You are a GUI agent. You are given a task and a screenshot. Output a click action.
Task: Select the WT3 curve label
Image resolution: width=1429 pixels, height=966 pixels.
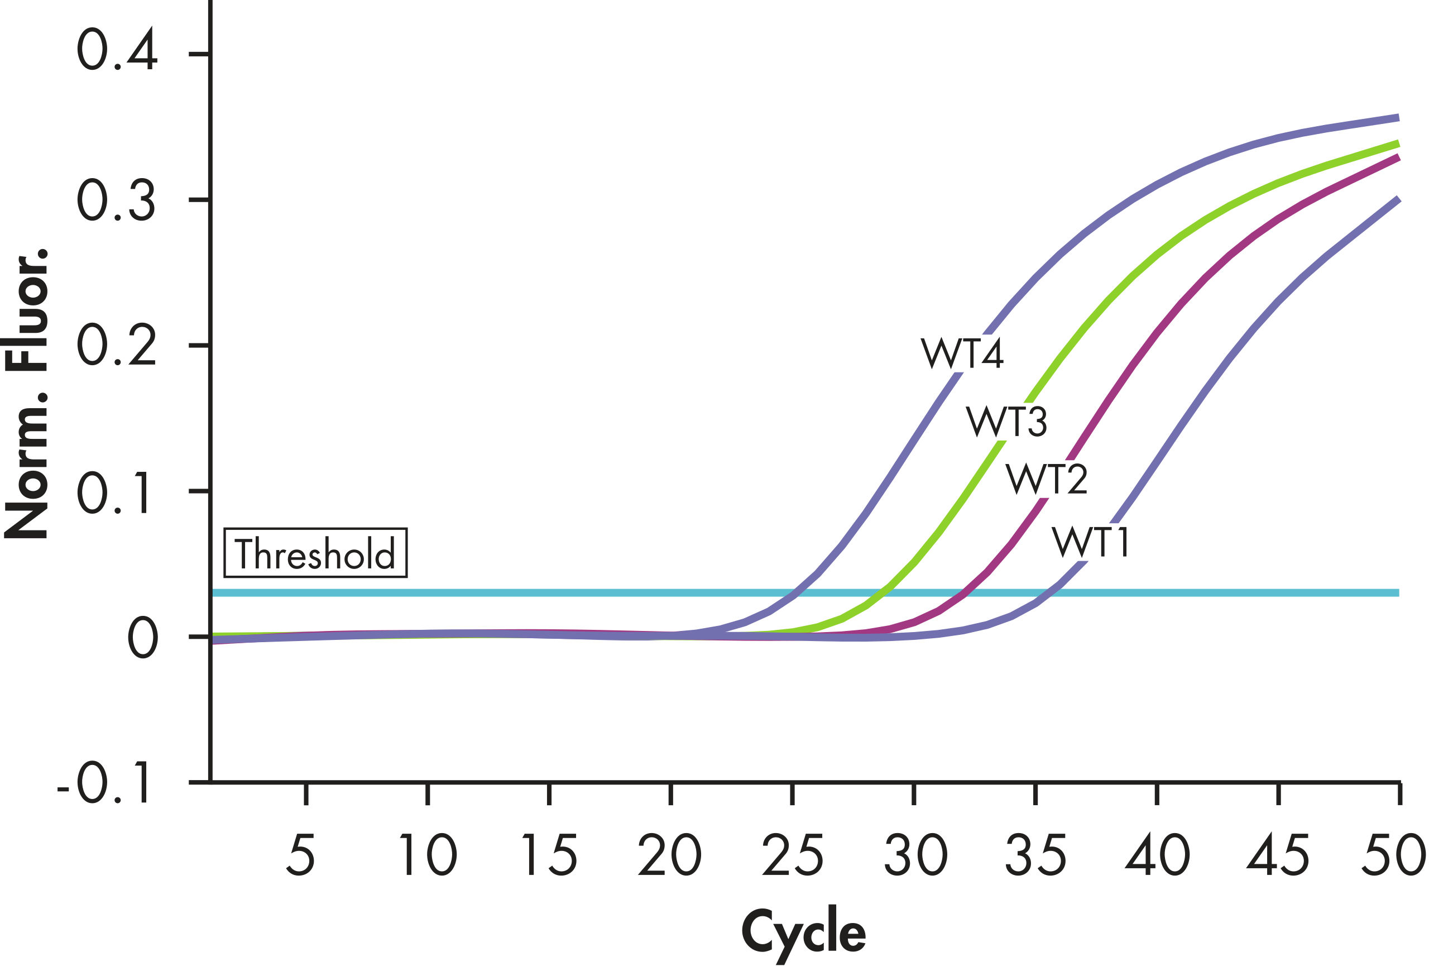click(1006, 422)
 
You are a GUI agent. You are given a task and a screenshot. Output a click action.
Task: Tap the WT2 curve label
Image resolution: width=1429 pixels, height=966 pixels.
click(1047, 479)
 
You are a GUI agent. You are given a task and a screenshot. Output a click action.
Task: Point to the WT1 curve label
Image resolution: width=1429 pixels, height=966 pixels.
click(1090, 542)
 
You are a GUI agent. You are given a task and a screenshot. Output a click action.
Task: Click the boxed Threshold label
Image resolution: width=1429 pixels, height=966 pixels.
click(315, 553)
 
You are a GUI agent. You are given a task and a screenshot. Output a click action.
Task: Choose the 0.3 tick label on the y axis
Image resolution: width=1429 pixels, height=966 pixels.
click(117, 200)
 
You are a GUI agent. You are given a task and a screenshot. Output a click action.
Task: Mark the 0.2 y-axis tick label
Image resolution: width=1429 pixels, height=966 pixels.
click(117, 346)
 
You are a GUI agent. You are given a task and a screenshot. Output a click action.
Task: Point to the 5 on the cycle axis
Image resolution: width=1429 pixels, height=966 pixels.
click(301, 855)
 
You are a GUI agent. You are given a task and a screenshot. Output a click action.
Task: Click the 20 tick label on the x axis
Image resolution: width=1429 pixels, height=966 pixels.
click(669, 855)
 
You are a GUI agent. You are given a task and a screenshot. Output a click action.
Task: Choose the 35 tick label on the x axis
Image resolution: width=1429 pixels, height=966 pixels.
click(1035, 855)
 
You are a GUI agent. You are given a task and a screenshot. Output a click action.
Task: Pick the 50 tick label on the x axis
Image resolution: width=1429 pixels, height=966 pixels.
click(1393, 855)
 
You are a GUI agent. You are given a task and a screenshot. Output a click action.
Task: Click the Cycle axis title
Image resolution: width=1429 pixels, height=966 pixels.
click(803, 931)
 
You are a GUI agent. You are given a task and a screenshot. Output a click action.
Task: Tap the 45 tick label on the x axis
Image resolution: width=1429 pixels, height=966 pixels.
click(1278, 855)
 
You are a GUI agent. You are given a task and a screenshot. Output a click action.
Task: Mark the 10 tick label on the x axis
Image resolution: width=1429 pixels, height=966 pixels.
click(428, 855)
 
